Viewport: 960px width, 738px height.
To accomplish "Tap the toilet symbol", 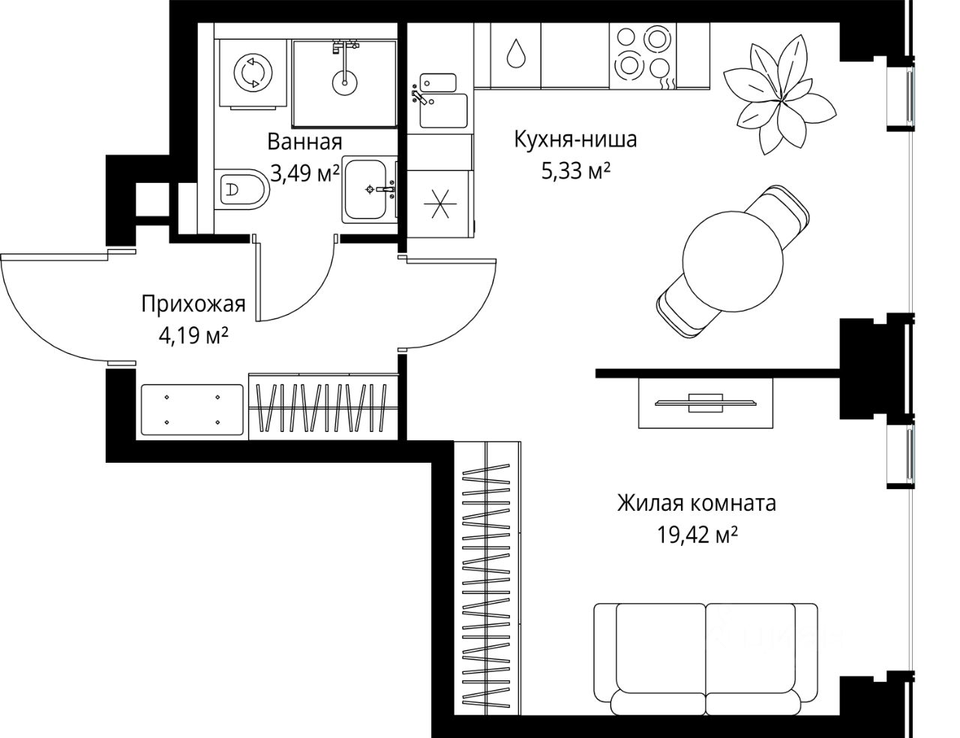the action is coord(242,190).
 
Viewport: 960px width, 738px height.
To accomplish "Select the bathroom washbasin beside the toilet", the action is coord(369,190).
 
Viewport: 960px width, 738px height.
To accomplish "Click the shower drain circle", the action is coord(344,82).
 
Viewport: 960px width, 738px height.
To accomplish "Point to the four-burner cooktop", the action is coord(643,56).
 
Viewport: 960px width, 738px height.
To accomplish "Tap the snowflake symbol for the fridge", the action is coord(439,203).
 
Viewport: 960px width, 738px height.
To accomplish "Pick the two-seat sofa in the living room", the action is coord(706,665).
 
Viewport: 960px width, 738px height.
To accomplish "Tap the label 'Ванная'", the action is coord(304,142).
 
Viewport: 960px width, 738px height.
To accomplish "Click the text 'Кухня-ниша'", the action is coord(575,139).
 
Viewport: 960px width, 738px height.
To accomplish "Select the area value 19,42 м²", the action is coord(697,535).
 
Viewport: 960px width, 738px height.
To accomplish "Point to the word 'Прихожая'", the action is coord(193,304).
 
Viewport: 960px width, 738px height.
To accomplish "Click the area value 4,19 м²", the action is coord(193,336).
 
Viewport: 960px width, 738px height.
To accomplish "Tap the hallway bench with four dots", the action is coord(192,409).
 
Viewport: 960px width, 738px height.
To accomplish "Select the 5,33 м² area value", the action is coord(576,171).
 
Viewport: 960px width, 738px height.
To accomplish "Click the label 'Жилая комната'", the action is coord(697,503).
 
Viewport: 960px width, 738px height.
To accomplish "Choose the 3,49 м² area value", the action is coord(304,173).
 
